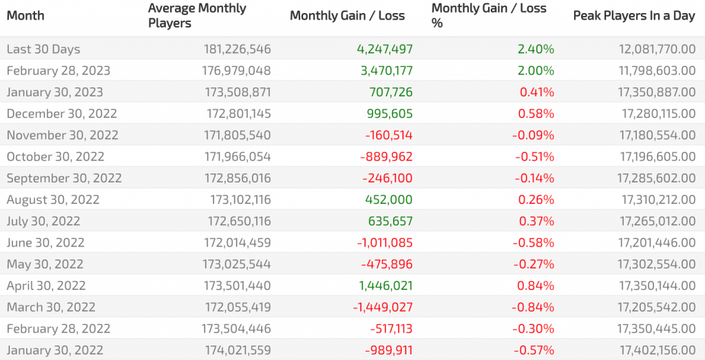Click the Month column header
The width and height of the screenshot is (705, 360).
25,16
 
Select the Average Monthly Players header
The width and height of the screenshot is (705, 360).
198,16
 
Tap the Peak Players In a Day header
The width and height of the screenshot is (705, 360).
633,16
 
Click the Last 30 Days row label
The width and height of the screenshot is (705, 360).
43,50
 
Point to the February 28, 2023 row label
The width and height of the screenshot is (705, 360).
59,71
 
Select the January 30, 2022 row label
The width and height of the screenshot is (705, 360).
55,350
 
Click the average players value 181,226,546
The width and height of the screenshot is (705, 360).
238,50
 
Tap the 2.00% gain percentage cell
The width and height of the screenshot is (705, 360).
536,71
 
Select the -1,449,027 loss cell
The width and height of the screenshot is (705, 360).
383,307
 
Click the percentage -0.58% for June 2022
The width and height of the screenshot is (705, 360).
533,243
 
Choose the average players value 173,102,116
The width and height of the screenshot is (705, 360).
240,200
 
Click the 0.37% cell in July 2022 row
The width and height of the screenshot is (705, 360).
536,222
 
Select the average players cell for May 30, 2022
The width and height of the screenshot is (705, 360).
238,264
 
